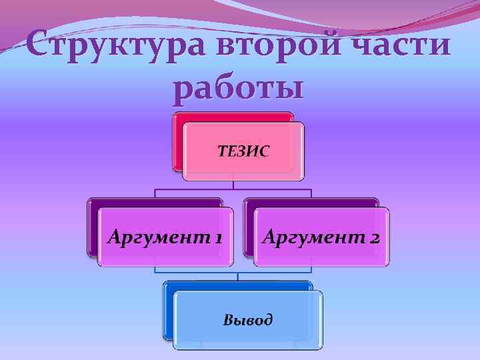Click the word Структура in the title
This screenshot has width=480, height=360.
pos(113,47)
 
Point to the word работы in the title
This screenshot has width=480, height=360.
pos(238,88)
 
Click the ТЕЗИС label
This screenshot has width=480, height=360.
pos(244,151)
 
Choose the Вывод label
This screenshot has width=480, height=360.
pos(247,319)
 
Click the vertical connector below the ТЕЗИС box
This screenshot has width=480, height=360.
pos(233,185)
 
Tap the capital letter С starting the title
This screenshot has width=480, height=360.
pos(41,47)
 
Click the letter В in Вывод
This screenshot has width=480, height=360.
pos(227,319)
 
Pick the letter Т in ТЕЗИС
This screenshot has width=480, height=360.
pos(223,151)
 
